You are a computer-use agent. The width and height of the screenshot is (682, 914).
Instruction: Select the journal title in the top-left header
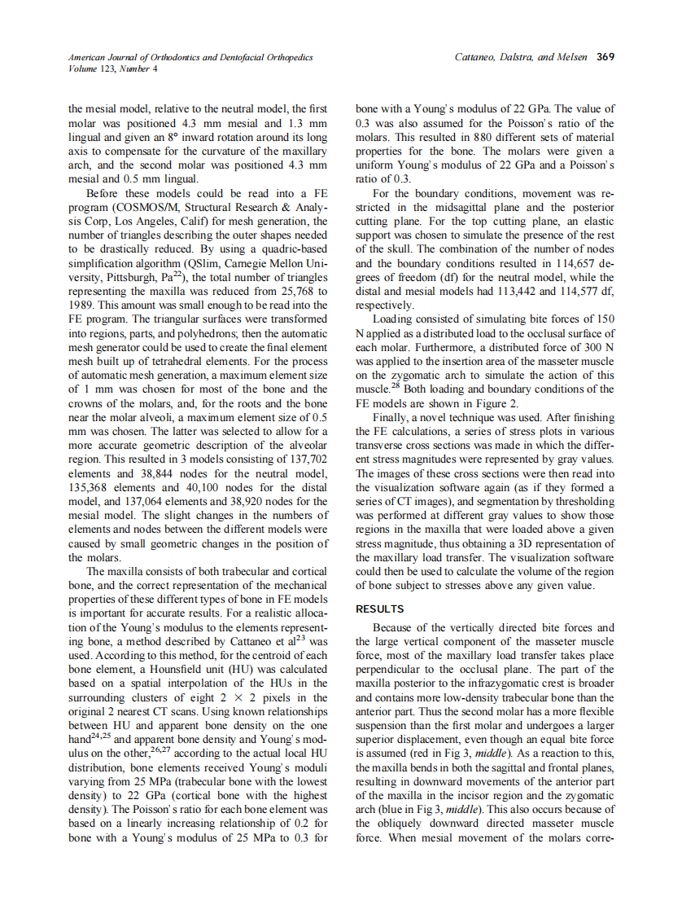[190, 58]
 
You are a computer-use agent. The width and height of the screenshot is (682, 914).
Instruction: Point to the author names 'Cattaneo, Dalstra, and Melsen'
[523, 58]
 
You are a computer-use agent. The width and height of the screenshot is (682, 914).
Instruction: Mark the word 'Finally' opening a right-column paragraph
[391, 417]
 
